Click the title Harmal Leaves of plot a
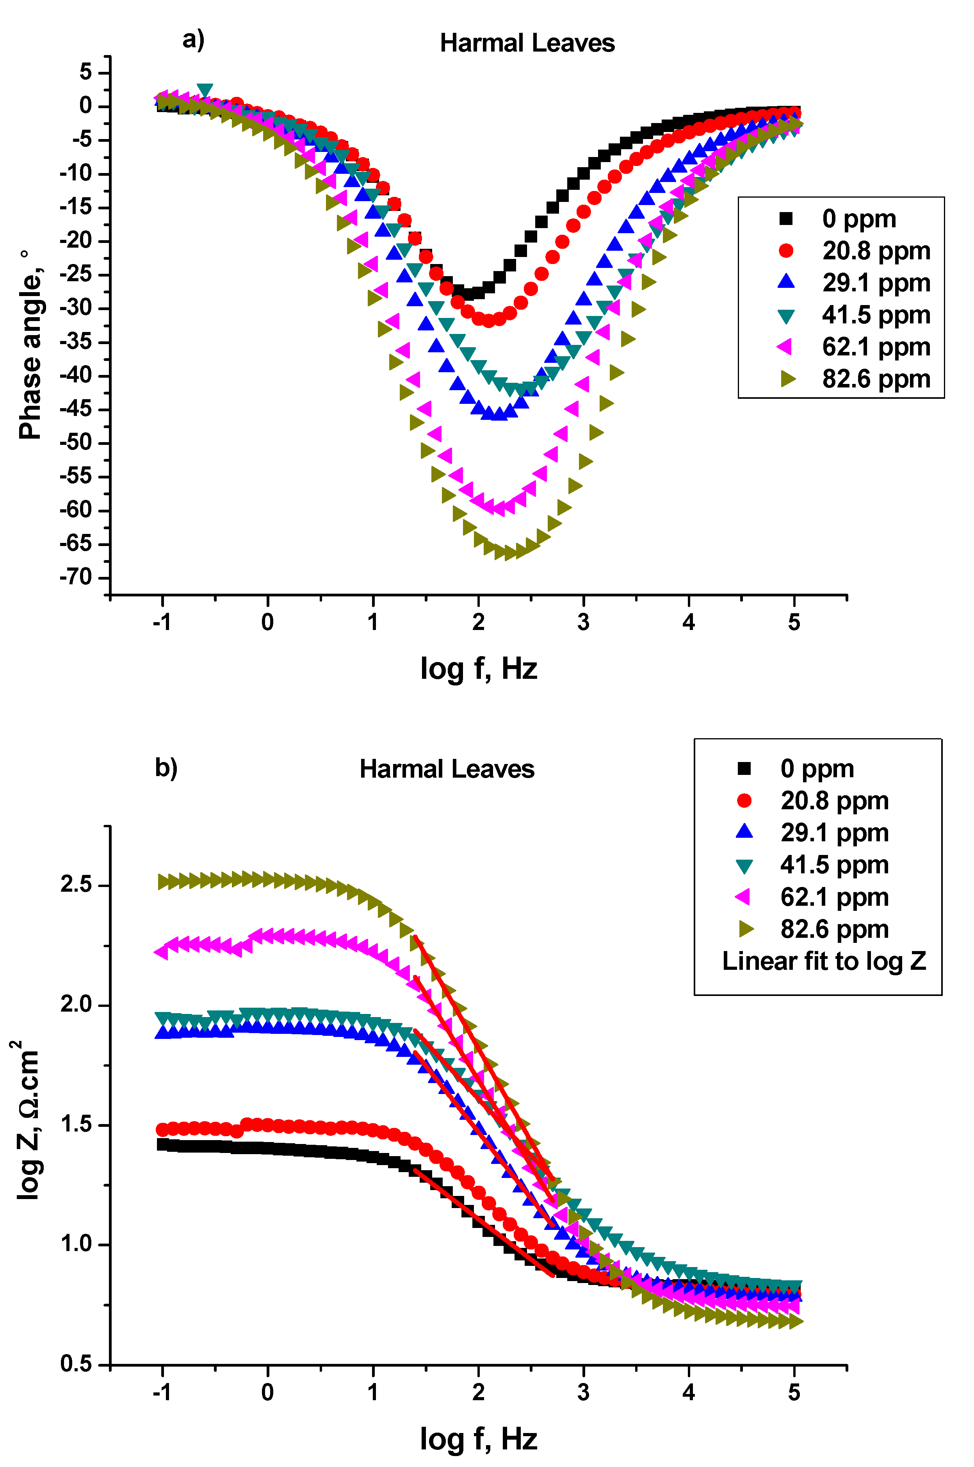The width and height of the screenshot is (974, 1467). pos(527,43)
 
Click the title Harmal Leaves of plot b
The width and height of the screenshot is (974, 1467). pos(447,769)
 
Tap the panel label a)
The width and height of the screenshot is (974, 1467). pos(193,40)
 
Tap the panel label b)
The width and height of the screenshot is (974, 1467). pos(166,767)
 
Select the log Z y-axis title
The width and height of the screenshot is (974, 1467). pos(26,1119)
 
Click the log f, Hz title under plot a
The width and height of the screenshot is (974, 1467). pos(478,669)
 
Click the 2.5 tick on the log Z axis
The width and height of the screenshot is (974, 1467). pos(77,885)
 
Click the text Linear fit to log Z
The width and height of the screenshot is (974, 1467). pos(824,961)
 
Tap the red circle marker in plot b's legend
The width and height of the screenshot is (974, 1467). pos(744,801)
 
